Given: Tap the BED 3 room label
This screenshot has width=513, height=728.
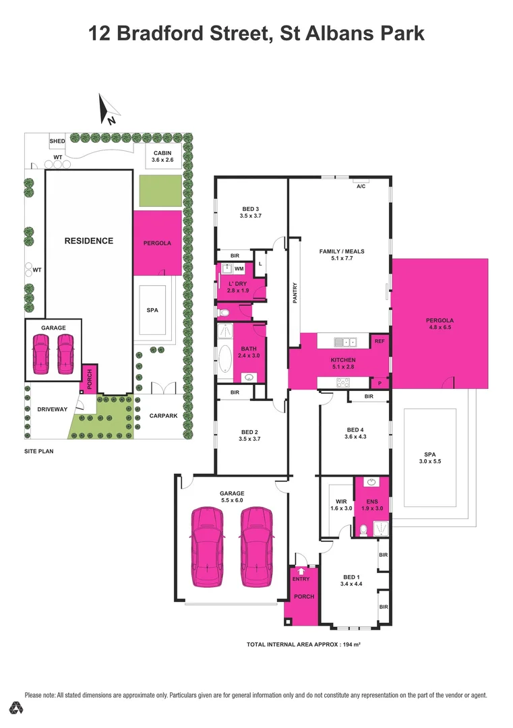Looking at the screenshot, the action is click(x=249, y=212).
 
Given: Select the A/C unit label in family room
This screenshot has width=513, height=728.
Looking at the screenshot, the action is click(x=361, y=187).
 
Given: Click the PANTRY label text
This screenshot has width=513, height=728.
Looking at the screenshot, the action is click(x=295, y=293).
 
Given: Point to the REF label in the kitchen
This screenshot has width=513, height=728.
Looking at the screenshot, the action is click(x=380, y=342).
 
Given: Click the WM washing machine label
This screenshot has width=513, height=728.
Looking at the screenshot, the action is click(x=239, y=269).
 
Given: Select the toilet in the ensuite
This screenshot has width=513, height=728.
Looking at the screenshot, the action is click(x=363, y=531).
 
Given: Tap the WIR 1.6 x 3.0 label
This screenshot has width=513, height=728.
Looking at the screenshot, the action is click(x=340, y=504).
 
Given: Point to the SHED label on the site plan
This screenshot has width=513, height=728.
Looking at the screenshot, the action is click(x=57, y=141).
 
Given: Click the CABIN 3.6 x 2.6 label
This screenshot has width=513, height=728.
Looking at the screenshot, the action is click(x=162, y=156).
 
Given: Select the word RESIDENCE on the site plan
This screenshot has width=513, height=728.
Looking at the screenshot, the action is click(x=88, y=241).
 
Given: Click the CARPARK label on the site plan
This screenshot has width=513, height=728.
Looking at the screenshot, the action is click(x=163, y=416).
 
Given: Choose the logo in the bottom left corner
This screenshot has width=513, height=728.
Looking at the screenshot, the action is click(x=16, y=708).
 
